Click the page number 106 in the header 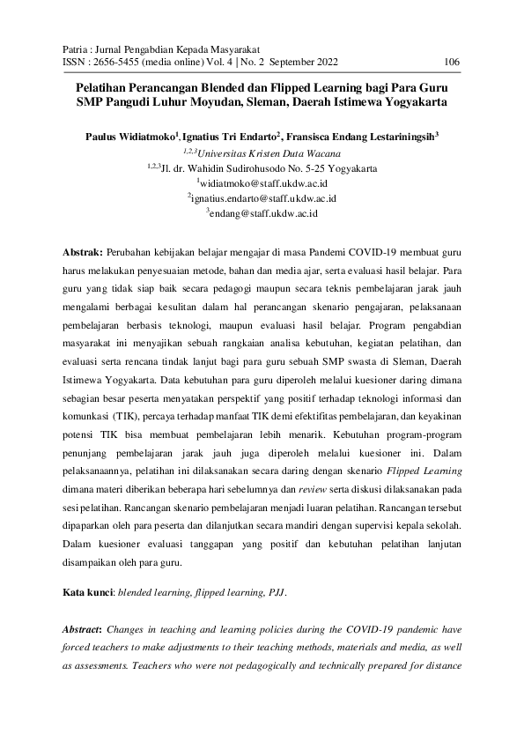point(453,62)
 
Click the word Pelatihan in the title point(107,89)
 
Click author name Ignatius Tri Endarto point(232,138)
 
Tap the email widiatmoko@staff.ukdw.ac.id point(262,182)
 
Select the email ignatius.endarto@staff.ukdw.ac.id point(262,198)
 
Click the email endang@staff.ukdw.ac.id point(262,213)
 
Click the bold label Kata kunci point(90,593)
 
